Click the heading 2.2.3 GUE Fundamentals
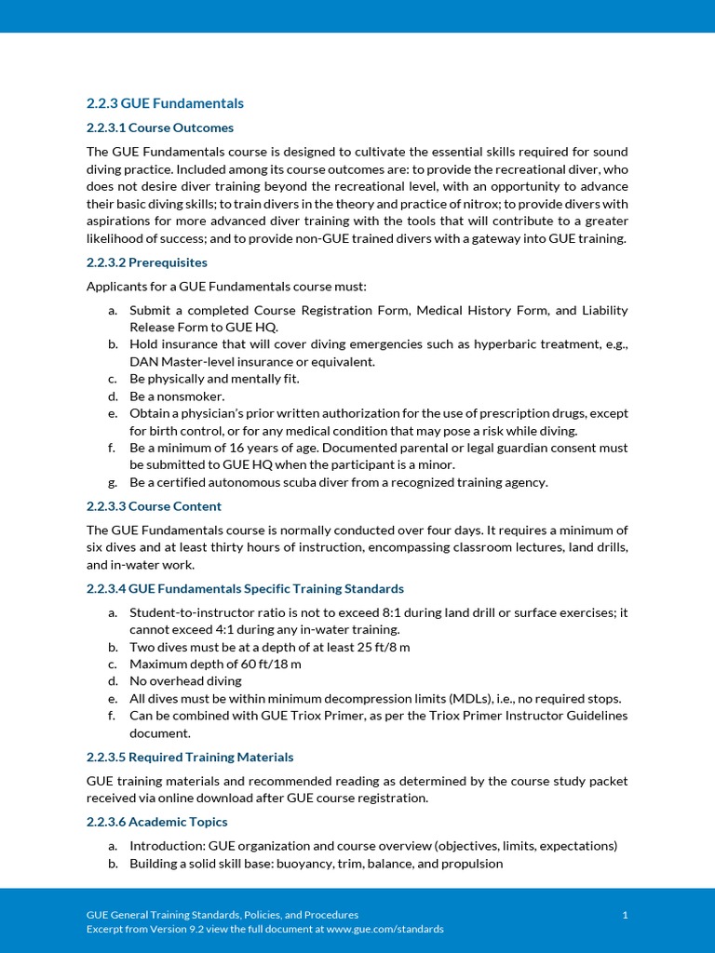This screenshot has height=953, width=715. [x=165, y=103]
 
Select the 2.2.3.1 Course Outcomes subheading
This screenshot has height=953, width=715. [x=159, y=128]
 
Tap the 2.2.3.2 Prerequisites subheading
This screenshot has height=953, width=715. [x=146, y=262]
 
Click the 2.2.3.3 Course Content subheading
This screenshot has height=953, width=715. [x=154, y=506]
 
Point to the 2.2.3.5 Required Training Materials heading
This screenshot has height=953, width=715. [x=189, y=757]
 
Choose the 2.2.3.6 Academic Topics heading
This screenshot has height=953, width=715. [x=156, y=822]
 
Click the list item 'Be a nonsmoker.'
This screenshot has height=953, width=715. [x=177, y=396]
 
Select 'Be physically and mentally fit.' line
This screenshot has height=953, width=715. [x=214, y=379]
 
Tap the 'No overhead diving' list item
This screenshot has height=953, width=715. [x=185, y=681]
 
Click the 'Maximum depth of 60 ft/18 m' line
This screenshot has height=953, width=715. [x=215, y=664]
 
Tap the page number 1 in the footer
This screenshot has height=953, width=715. [x=625, y=915]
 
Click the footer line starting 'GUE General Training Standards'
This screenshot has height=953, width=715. [x=222, y=915]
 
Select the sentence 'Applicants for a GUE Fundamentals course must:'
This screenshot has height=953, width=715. [x=226, y=287]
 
